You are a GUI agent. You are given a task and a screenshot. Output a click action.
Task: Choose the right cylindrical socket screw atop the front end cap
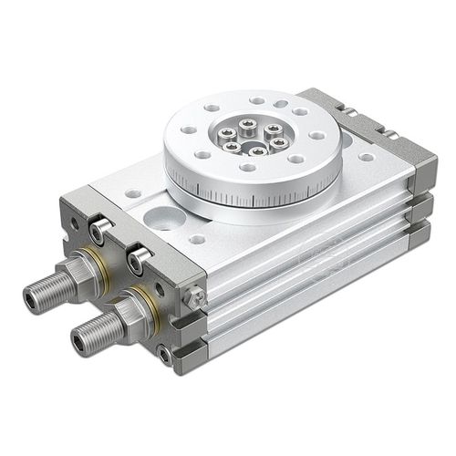point(140,260)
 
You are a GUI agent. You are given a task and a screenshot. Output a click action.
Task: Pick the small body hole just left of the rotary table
point(134,194)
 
